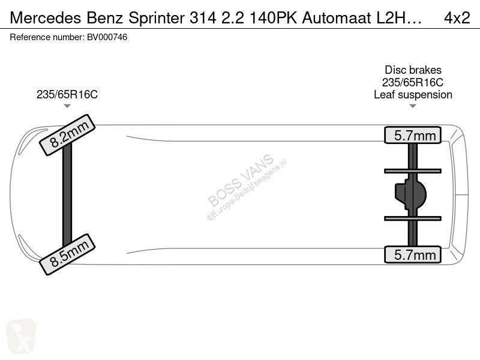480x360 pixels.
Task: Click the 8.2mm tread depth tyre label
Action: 67,135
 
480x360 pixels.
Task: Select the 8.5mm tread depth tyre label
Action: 67,254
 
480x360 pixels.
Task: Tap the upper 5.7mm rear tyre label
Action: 413,135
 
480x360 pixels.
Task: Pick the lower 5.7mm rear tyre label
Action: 413,254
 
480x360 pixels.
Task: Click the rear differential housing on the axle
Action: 410,194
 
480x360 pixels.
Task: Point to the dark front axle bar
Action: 67,194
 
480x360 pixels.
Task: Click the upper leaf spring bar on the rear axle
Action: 413,171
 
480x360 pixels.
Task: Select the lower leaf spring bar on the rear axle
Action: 413,218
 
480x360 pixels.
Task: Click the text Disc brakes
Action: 413,70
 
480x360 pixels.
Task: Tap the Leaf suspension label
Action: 413,95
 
